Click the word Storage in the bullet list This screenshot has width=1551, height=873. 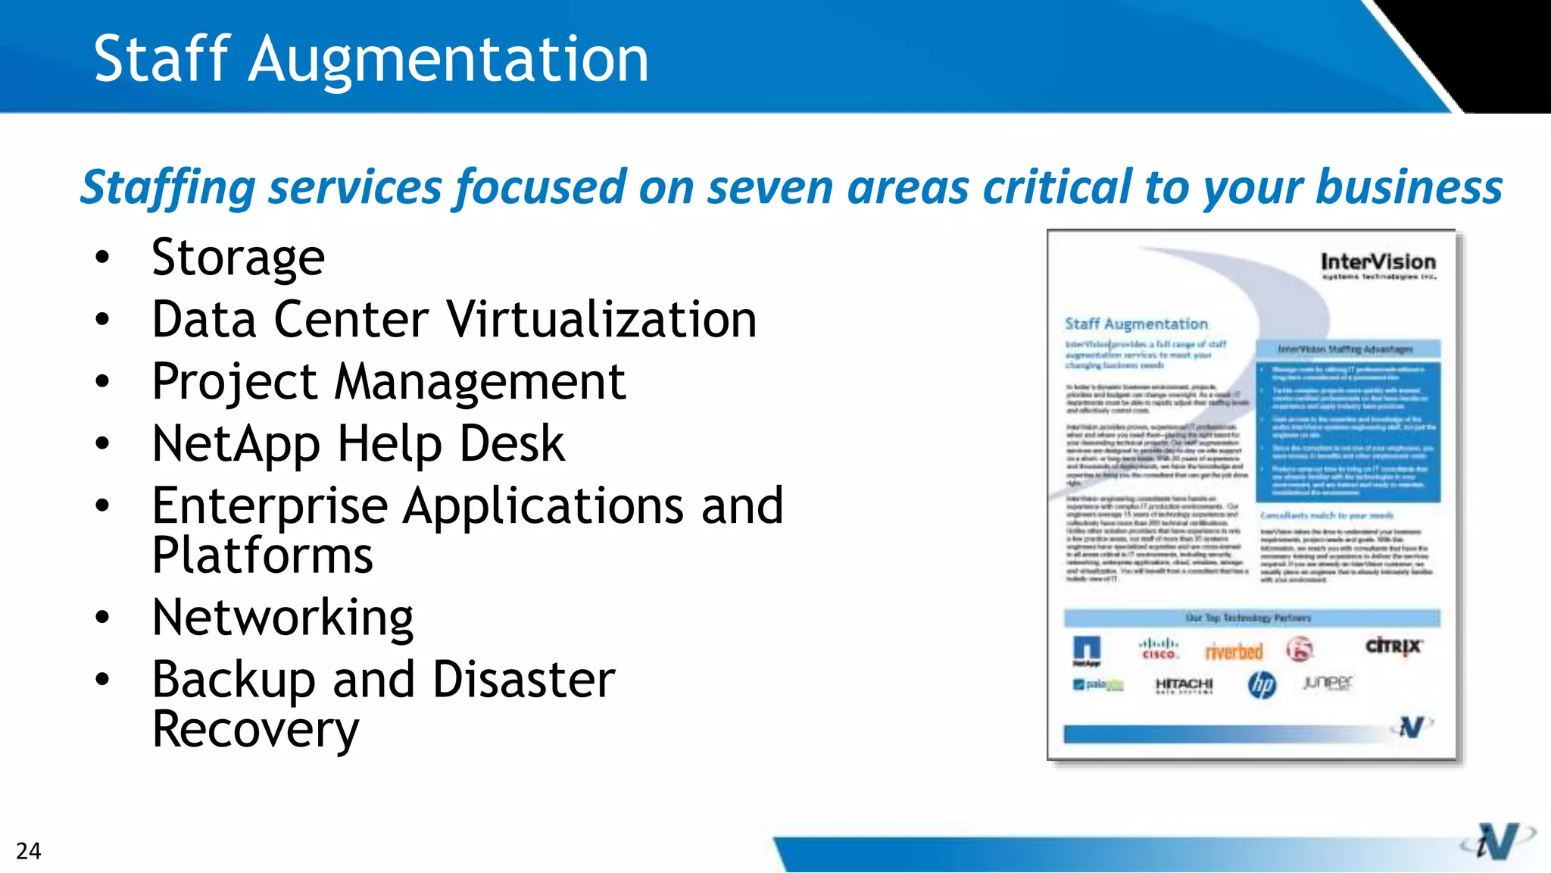point(238,258)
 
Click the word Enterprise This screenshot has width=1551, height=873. point(270,505)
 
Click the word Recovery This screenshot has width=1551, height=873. point(255,729)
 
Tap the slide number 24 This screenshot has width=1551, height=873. point(28,851)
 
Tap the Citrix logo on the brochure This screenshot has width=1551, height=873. point(1393,646)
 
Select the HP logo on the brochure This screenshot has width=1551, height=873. point(1262,685)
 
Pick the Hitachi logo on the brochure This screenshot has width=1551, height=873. point(1184,685)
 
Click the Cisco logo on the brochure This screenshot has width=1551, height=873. point(1159,649)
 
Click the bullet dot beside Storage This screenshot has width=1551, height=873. point(102,258)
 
